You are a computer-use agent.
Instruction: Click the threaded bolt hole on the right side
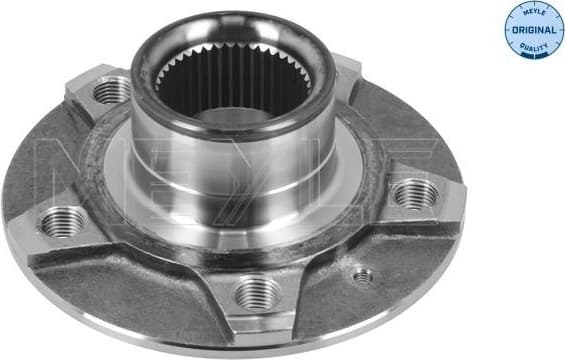click(x=411, y=194)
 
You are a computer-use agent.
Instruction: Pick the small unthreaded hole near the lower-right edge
click(x=363, y=275)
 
